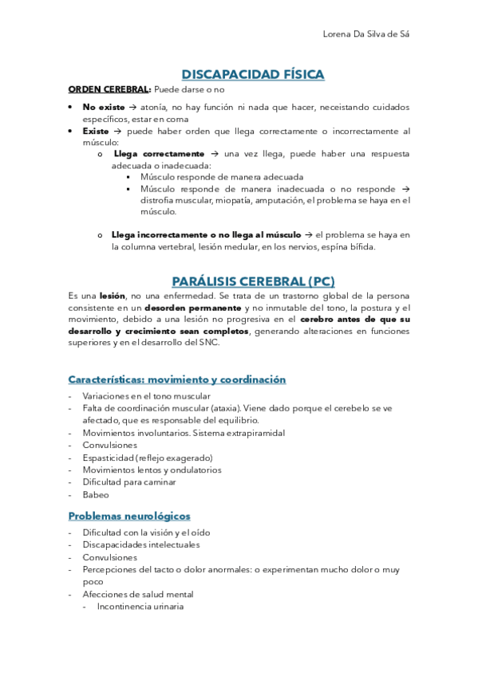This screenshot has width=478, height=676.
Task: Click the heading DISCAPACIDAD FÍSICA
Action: (253, 75)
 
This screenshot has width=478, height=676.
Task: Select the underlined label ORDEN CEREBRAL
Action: (109, 89)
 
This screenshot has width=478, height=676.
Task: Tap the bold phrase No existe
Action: (103, 107)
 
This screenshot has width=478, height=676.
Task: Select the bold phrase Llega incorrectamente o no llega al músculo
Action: (207, 234)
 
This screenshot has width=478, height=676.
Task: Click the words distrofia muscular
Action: (171, 200)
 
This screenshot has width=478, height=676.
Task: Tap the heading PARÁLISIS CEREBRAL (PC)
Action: (253, 281)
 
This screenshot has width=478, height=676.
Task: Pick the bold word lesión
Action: (112, 296)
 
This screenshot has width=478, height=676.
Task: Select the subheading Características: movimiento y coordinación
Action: (176, 379)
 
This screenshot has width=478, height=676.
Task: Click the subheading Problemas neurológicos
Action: (129, 516)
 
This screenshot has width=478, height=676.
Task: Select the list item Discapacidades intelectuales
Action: (140, 544)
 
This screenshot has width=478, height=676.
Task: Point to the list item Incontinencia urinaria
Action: (140, 606)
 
